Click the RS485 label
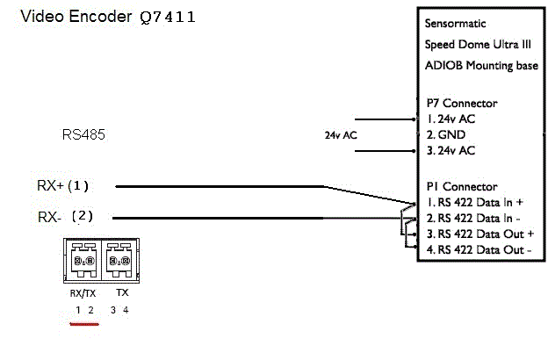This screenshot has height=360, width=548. pos(83,135)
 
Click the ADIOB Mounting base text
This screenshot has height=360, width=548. pos(481,66)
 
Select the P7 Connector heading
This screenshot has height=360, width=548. pos(462,103)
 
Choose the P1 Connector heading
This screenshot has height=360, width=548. pos(462,187)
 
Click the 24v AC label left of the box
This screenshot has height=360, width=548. pos(340,135)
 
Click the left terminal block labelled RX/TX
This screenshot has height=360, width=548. pos(84,261)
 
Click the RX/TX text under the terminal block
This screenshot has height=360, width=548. pos(84,294)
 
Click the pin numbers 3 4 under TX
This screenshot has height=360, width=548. pos(120,310)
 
